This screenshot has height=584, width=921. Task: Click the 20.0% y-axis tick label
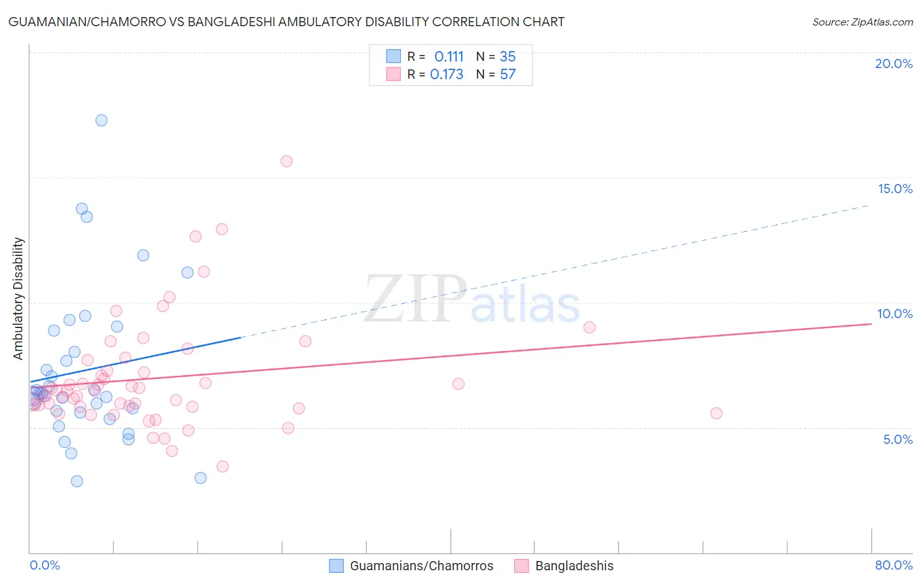pos(893,64)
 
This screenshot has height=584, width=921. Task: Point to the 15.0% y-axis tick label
pos(895,189)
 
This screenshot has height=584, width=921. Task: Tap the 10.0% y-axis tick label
pos(895,314)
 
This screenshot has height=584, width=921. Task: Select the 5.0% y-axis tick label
pos(897,439)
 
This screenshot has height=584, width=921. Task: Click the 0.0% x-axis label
pos(45,565)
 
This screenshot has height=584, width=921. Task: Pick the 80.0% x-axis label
pos(893,565)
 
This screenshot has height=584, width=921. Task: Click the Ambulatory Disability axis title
pos(18,299)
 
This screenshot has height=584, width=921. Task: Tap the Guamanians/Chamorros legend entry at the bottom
pos(421,566)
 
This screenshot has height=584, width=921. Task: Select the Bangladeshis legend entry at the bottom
pos(574,566)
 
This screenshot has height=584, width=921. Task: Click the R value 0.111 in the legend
pos(449,57)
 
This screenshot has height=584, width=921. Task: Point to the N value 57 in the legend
pos(508,75)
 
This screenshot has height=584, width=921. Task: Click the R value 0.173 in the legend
pos(447,75)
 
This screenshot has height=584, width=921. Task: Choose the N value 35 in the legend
pos(508,57)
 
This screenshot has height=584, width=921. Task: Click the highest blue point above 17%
pos(102,120)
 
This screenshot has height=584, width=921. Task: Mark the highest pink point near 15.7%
pos(286,161)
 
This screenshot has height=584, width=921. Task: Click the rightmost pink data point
pos(716,413)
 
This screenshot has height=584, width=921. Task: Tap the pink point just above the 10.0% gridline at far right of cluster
pos(590,327)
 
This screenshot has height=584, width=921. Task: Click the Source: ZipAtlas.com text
pos(862,22)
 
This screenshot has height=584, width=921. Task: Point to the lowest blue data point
pos(77,481)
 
